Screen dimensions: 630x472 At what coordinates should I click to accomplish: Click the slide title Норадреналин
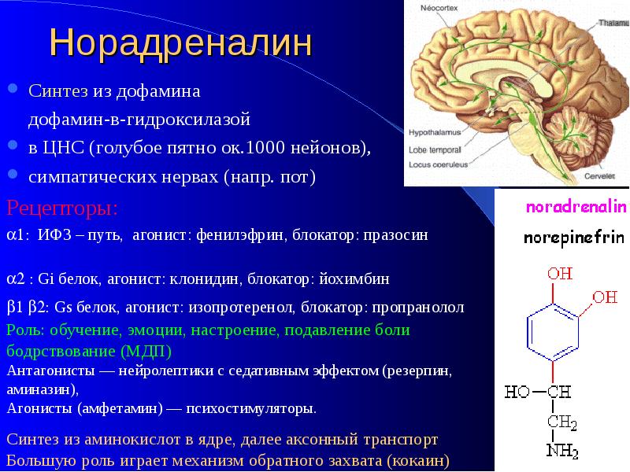click(x=181, y=42)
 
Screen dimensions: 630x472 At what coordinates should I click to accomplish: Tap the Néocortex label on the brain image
click(x=439, y=8)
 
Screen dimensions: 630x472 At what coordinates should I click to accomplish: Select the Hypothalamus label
click(x=435, y=132)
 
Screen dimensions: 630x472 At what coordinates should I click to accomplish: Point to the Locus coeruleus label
click(x=439, y=164)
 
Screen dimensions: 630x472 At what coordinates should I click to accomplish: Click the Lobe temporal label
click(x=435, y=149)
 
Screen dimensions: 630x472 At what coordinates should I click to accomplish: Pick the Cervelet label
click(x=599, y=176)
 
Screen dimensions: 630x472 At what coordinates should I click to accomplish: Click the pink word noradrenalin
click(x=576, y=207)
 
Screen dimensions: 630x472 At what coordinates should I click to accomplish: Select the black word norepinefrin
click(x=574, y=238)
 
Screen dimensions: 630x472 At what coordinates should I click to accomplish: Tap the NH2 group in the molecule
click(x=562, y=451)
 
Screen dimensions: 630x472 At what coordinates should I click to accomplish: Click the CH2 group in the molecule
click(x=562, y=422)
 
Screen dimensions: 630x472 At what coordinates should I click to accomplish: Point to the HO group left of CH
click(x=517, y=392)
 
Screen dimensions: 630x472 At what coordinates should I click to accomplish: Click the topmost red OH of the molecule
click(x=560, y=274)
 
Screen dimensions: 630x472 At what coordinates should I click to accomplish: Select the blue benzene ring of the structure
click(x=553, y=333)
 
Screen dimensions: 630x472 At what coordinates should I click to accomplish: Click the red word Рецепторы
click(x=62, y=208)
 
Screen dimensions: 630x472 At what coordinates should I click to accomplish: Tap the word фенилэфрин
click(x=241, y=234)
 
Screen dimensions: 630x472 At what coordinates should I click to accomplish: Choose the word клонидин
click(x=204, y=279)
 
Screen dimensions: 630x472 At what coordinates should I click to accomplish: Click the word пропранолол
click(x=418, y=308)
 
